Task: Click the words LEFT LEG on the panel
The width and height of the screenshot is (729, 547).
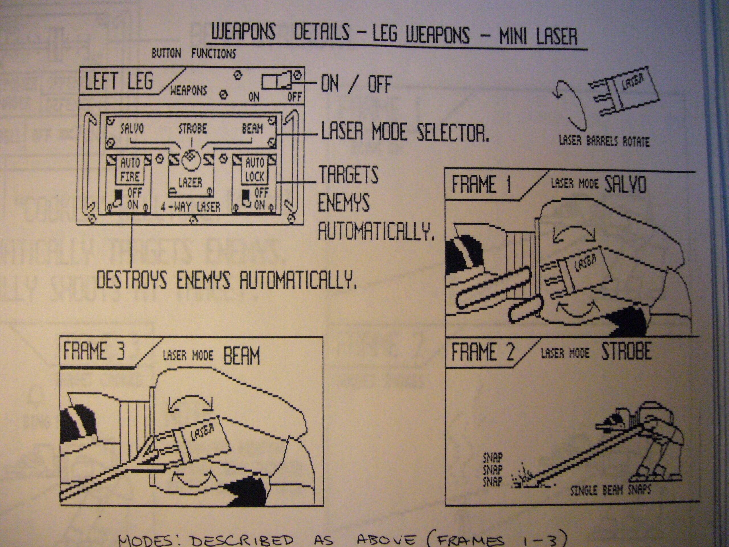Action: tap(119, 81)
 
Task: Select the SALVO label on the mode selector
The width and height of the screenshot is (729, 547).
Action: tap(132, 128)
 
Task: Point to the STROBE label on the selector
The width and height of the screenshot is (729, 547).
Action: tap(193, 128)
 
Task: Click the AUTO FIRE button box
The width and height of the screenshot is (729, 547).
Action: tap(130, 170)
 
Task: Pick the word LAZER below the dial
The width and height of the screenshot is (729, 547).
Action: tap(190, 182)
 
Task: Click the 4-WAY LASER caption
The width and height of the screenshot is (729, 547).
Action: tap(191, 207)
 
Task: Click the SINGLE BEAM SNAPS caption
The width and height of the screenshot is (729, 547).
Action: tap(610, 490)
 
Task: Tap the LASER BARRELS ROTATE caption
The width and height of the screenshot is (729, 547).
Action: tap(604, 142)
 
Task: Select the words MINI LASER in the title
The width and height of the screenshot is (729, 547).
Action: tap(538, 36)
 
